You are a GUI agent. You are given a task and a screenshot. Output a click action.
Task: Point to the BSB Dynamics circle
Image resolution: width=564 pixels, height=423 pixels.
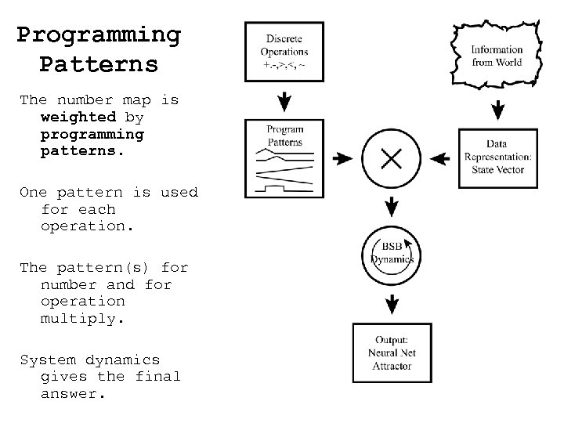click(x=391, y=253)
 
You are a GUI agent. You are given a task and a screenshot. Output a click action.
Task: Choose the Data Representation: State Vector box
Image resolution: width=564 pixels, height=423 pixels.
click(x=497, y=157)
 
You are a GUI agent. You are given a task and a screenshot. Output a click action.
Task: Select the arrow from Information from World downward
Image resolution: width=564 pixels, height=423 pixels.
click(x=497, y=110)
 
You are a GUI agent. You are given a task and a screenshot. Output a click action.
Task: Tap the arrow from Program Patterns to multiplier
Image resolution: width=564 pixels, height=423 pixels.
click(x=342, y=159)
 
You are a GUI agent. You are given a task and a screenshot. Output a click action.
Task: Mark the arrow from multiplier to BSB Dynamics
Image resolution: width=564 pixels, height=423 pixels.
click(x=391, y=206)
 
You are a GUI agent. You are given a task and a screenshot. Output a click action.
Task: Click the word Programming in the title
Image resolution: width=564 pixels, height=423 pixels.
click(x=99, y=36)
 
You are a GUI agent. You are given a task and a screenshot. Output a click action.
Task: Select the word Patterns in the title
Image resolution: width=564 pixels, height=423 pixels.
click(x=99, y=63)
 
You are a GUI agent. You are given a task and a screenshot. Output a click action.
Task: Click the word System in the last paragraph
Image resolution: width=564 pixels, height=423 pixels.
click(x=45, y=360)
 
